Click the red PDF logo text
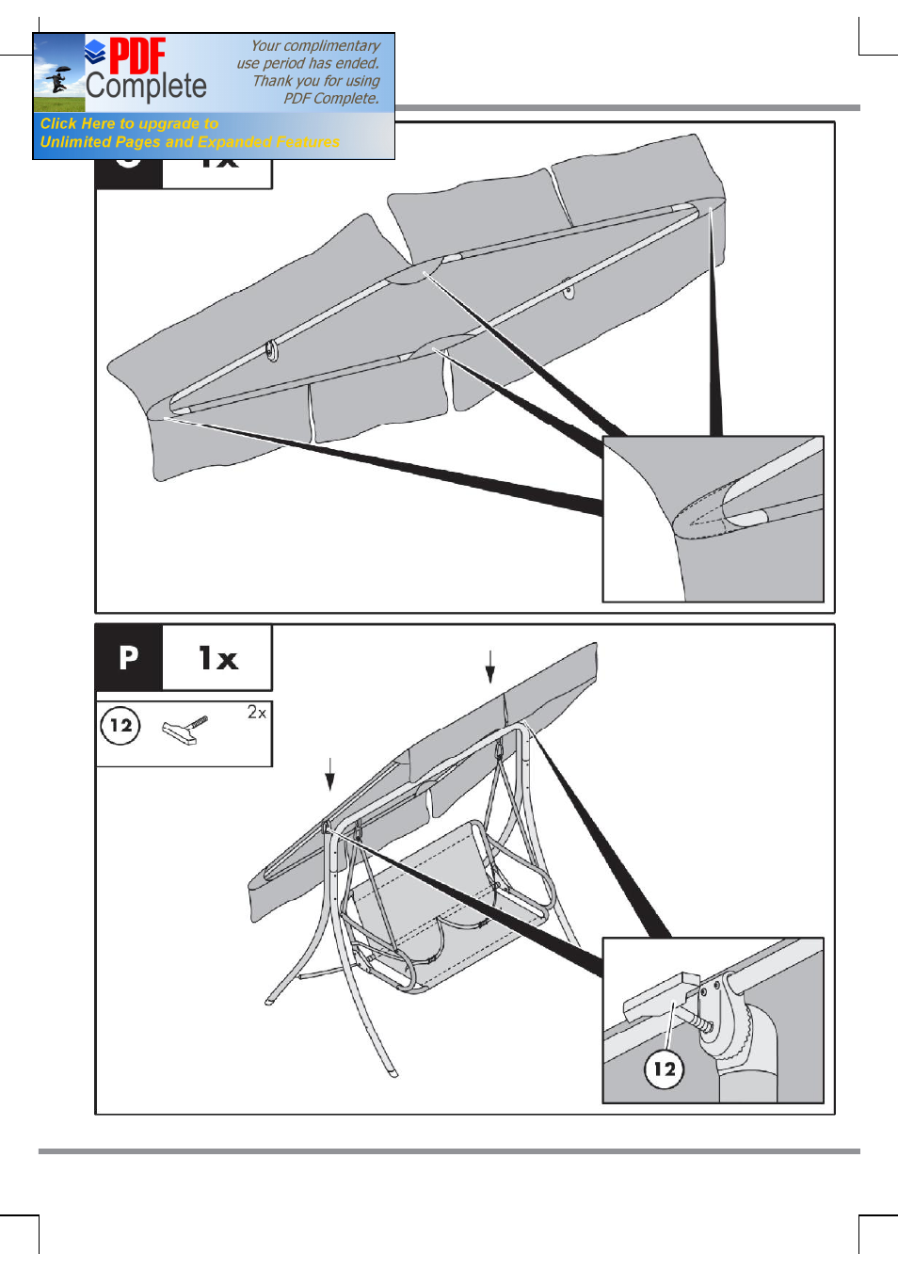pyautogui.click(x=137, y=56)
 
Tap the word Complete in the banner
pyautogui.click(x=146, y=87)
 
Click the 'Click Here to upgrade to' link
pyautogui.click(x=129, y=123)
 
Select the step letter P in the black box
pyautogui.click(x=129, y=657)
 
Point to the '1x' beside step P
pyautogui.click(x=218, y=658)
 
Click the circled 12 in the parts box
pyautogui.click(x=120, y=726)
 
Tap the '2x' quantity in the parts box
pyautogui.click(x=256, y=713)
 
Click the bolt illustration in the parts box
pyautogui.click(x=184, y=730)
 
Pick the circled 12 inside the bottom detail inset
pyautogui.click(x=665, y=1069)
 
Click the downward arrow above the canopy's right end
pyautogui.click(x=490, y=666)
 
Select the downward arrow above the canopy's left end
pyautogui.click(x=329, y=774)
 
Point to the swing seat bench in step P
pyautogui.click(x=442, y=904)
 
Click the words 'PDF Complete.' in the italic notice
pyautogui.click(x=331, y=98)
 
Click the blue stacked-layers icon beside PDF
pyautogui.click(x=95, y=51)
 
